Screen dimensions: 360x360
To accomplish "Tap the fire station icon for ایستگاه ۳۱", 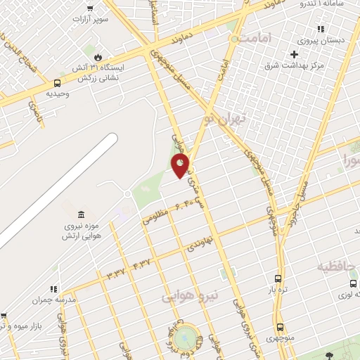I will click(x=97, y=56).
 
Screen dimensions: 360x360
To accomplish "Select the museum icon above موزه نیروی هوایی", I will click(x=82, y=214).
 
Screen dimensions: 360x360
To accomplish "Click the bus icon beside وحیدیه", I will click(x=57, y=82).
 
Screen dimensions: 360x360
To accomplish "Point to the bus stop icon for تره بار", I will click(x=278, y=278).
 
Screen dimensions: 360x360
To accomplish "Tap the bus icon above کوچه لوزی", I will click(x=353, y=283).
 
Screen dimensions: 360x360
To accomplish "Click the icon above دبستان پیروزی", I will click(x=321, y=30).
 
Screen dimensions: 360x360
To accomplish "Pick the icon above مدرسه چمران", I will click(x=53, y=289).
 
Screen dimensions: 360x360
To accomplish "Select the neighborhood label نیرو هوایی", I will click(x=190, y=296).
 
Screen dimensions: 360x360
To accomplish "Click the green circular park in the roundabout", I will click(x=186, y=336).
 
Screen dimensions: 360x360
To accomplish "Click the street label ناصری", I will click(x=34, y=112).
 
